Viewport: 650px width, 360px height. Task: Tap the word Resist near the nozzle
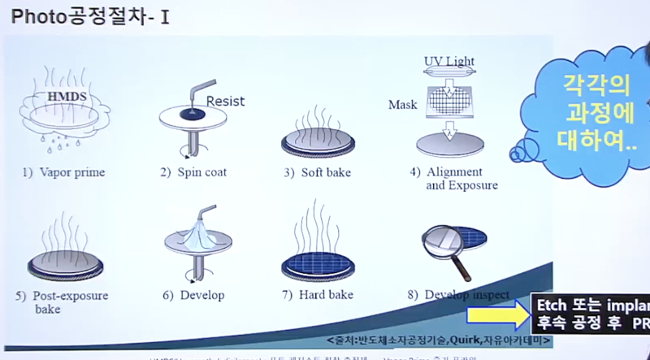tap(225, 102)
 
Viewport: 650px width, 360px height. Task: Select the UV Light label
tap(449, 61)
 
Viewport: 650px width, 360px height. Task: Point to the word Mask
tap(403, 105)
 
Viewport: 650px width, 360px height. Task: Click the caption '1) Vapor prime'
tap(58, 172)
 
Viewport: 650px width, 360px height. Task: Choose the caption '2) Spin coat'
tap(194, 172)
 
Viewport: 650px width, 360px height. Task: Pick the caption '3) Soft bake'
tap(318, 172)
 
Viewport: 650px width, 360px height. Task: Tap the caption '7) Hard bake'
tap(318, 295)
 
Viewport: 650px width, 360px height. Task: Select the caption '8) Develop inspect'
tap(459, 294)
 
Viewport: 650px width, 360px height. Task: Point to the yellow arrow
tap(496, 315)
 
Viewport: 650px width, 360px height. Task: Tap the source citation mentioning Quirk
tap(471, 340)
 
